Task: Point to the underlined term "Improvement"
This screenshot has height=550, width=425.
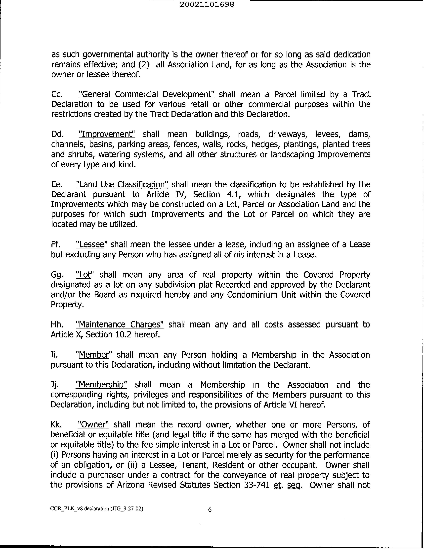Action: coord(107,134)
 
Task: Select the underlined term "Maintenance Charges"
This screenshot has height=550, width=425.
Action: coord(119,325)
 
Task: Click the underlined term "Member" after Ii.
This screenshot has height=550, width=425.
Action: coord(93,355)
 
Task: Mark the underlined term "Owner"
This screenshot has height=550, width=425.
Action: coord(93,425)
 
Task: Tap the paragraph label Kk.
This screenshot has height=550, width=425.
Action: coord(56,425)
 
